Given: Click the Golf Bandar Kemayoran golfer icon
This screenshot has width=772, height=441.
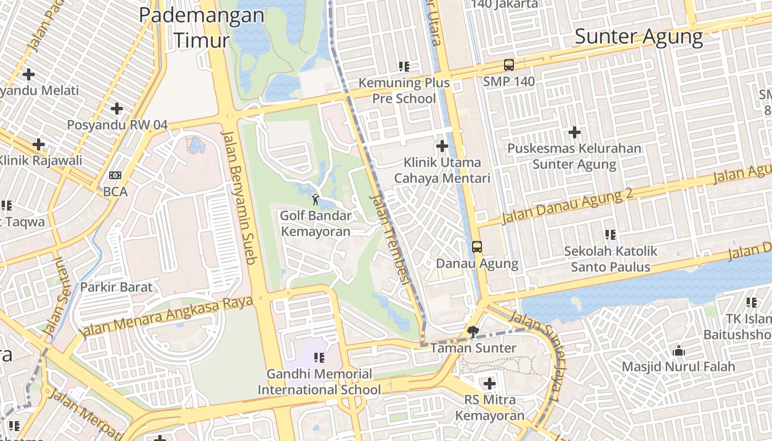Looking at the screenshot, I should tap(315, 200).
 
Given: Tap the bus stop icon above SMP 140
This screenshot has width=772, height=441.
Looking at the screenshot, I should tap(508, 65).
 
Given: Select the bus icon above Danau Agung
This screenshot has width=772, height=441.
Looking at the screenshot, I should tap(477, 247).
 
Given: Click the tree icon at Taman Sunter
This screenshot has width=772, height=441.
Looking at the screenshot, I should tap(473, 331).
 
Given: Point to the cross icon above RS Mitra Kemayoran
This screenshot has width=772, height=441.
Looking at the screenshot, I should tap(489, 383).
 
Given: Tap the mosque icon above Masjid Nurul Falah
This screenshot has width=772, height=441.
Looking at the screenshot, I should tap(678, 350).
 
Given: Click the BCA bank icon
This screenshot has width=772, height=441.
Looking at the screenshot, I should tap(115, 175).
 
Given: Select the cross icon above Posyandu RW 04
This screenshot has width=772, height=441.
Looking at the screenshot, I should tap(116, 109).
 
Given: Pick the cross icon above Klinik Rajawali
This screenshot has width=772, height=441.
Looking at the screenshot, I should tap(39, 144).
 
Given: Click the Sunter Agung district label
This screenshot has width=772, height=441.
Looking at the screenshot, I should tap(639, 37).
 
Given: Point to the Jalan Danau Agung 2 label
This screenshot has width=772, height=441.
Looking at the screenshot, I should tap(567, 206).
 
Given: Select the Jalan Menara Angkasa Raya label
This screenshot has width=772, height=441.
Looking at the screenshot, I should tap(166, 317).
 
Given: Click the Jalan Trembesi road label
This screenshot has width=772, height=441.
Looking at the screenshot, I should tap(391, 238).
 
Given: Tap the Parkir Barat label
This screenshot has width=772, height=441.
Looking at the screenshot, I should tap(116, 287).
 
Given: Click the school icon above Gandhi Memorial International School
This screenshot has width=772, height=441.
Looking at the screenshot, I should tap(319, 358).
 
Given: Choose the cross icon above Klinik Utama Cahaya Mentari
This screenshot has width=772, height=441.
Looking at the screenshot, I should tap(442, 146).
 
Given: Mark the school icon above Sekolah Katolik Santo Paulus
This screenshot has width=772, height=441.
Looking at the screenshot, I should tap(610, 235).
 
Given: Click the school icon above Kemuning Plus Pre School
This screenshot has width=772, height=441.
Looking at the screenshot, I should tap(404, 67).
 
